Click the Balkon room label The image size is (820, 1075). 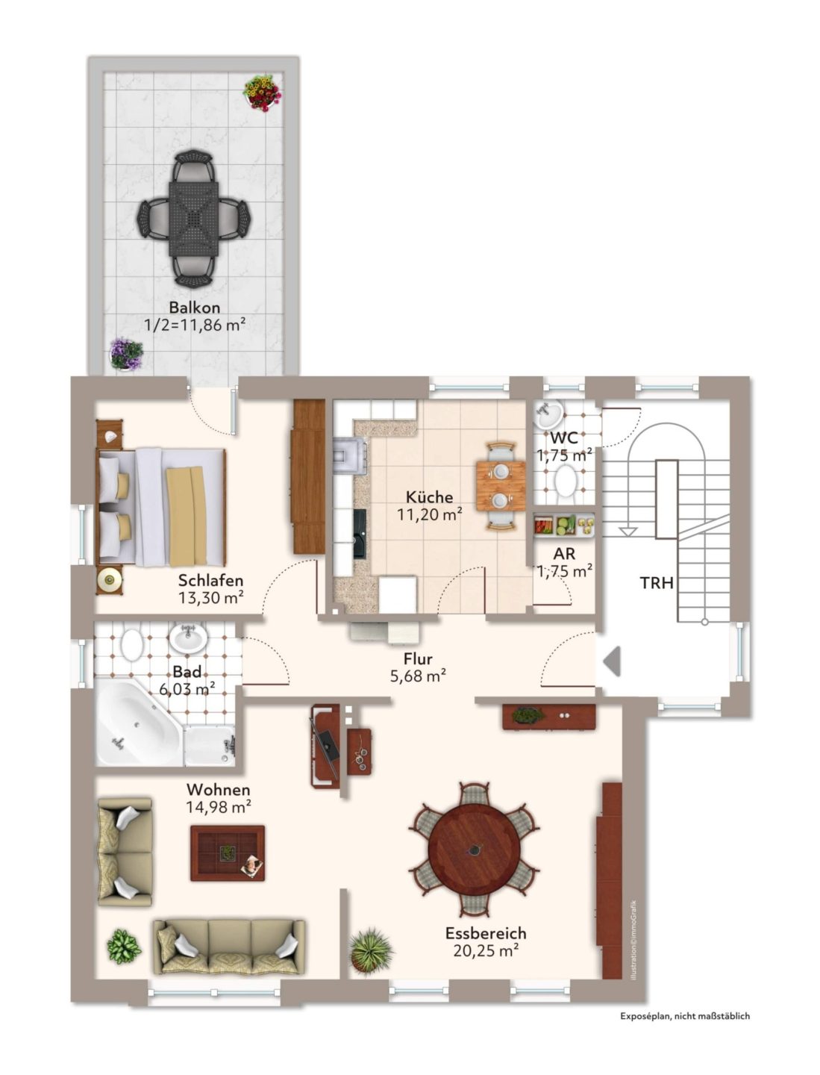(x=194, y=308)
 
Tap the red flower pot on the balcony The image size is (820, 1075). (x=263, y=93)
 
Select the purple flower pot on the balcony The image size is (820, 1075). (x=126, y=354)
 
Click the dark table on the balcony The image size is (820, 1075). (x=194, y=219)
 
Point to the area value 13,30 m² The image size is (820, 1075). (x=211, y=597)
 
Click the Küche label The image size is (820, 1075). (x=429, y=497)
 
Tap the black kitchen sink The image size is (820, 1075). (x=360, y=533)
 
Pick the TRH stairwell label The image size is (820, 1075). (x=657, y=583)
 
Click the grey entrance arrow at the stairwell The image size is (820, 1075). (x=612, y=661)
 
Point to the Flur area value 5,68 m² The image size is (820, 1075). (x=418, y=676)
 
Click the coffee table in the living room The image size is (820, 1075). (x=228, y=853)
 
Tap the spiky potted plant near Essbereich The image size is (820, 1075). (x=370, y=950)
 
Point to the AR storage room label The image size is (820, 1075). (x=564, y=554)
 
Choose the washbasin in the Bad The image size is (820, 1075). (x=188, y=638)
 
